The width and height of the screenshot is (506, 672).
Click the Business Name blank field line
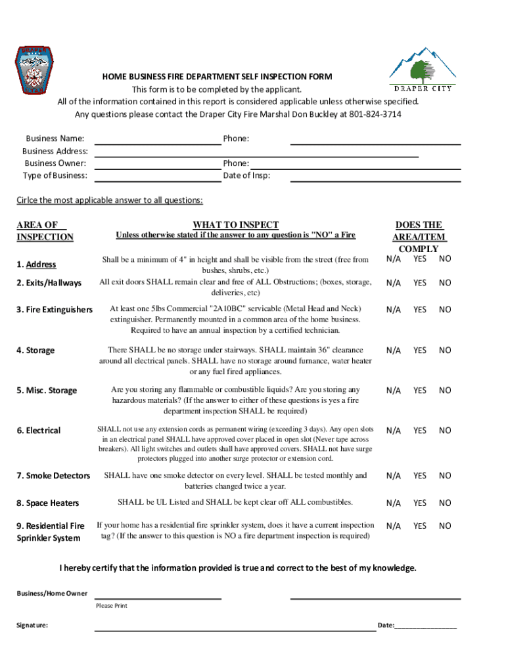click(158, 142)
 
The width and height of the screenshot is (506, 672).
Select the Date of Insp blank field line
click(375, 179)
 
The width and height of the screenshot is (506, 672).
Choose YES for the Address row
click(420, 259)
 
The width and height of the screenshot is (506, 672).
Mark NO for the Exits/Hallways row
click(445, 283)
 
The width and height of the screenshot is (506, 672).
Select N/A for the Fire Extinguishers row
click(393, 310)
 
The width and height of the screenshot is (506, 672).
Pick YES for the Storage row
click(420, 350)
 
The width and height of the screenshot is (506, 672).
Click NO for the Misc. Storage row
click(445, 390)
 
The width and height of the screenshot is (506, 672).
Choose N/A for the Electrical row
click(393, 430)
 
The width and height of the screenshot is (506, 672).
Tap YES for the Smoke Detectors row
click(420, 476)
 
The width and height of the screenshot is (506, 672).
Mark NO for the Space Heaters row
click(445, 503)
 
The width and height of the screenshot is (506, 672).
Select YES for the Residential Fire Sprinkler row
click(420, 526)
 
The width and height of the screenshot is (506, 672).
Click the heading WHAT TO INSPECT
click(235, 224)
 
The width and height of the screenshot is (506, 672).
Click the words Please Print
click(112, 606)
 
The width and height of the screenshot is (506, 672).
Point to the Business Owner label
click(55, 163)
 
